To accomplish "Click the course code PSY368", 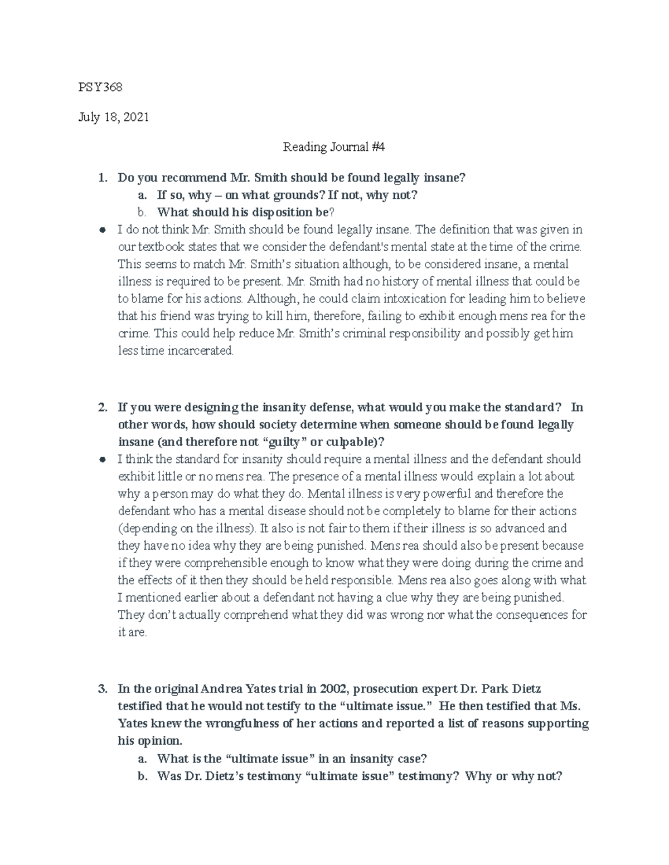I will coord(100,87).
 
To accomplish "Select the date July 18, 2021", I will coord(113,118).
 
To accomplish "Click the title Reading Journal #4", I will coord(334,147).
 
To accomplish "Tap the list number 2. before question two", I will coord(102,407).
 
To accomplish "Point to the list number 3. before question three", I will coord(102,689).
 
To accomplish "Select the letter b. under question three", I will coord(142,776).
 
